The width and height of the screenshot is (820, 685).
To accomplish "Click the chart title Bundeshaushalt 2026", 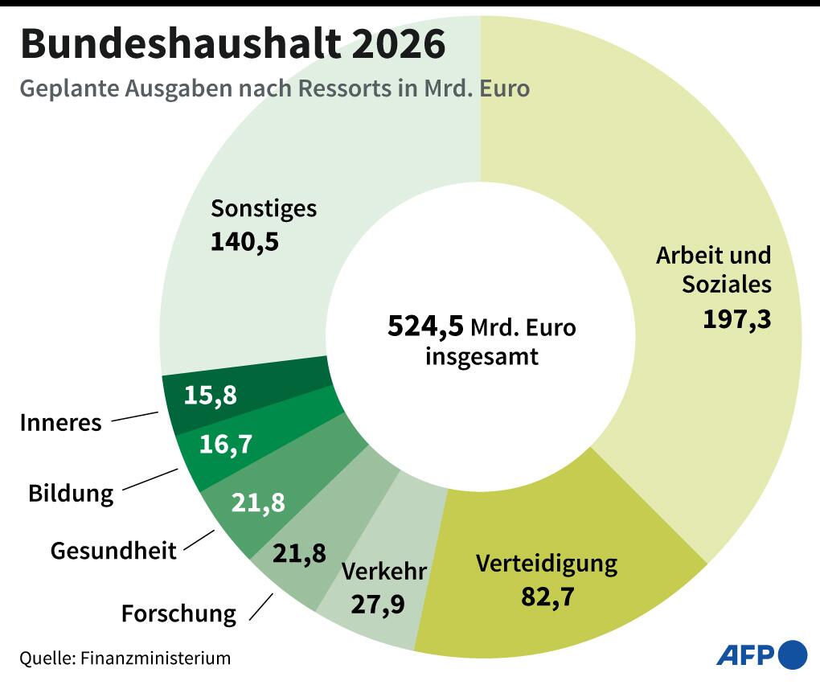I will click(232, 45).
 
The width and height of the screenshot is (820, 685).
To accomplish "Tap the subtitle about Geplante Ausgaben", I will click(274, 88).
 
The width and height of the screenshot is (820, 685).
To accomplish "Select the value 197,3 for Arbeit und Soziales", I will click(736, 319).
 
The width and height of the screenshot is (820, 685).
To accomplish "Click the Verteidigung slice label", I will click(547, 563).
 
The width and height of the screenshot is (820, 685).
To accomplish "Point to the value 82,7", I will click(547, 597).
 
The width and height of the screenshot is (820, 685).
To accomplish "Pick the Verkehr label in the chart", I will click(384, 572).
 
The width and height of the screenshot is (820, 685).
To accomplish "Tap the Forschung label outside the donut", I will click(178, 614).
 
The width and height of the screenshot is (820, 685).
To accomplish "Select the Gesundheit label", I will click(113, 551).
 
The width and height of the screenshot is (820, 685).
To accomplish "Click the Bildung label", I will click(71, 493).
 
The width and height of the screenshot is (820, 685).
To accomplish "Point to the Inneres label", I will click(61, 423).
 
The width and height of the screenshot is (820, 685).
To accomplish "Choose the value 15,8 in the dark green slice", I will click(211, 396).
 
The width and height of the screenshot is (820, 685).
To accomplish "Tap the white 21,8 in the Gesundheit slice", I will click(258, 502).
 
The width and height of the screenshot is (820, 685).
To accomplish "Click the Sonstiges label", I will click(264, 209).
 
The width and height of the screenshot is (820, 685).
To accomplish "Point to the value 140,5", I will click(244, 241).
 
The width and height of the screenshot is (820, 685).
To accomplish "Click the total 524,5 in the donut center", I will click(425, 326).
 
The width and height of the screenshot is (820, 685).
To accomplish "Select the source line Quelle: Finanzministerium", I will click(125, 658).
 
